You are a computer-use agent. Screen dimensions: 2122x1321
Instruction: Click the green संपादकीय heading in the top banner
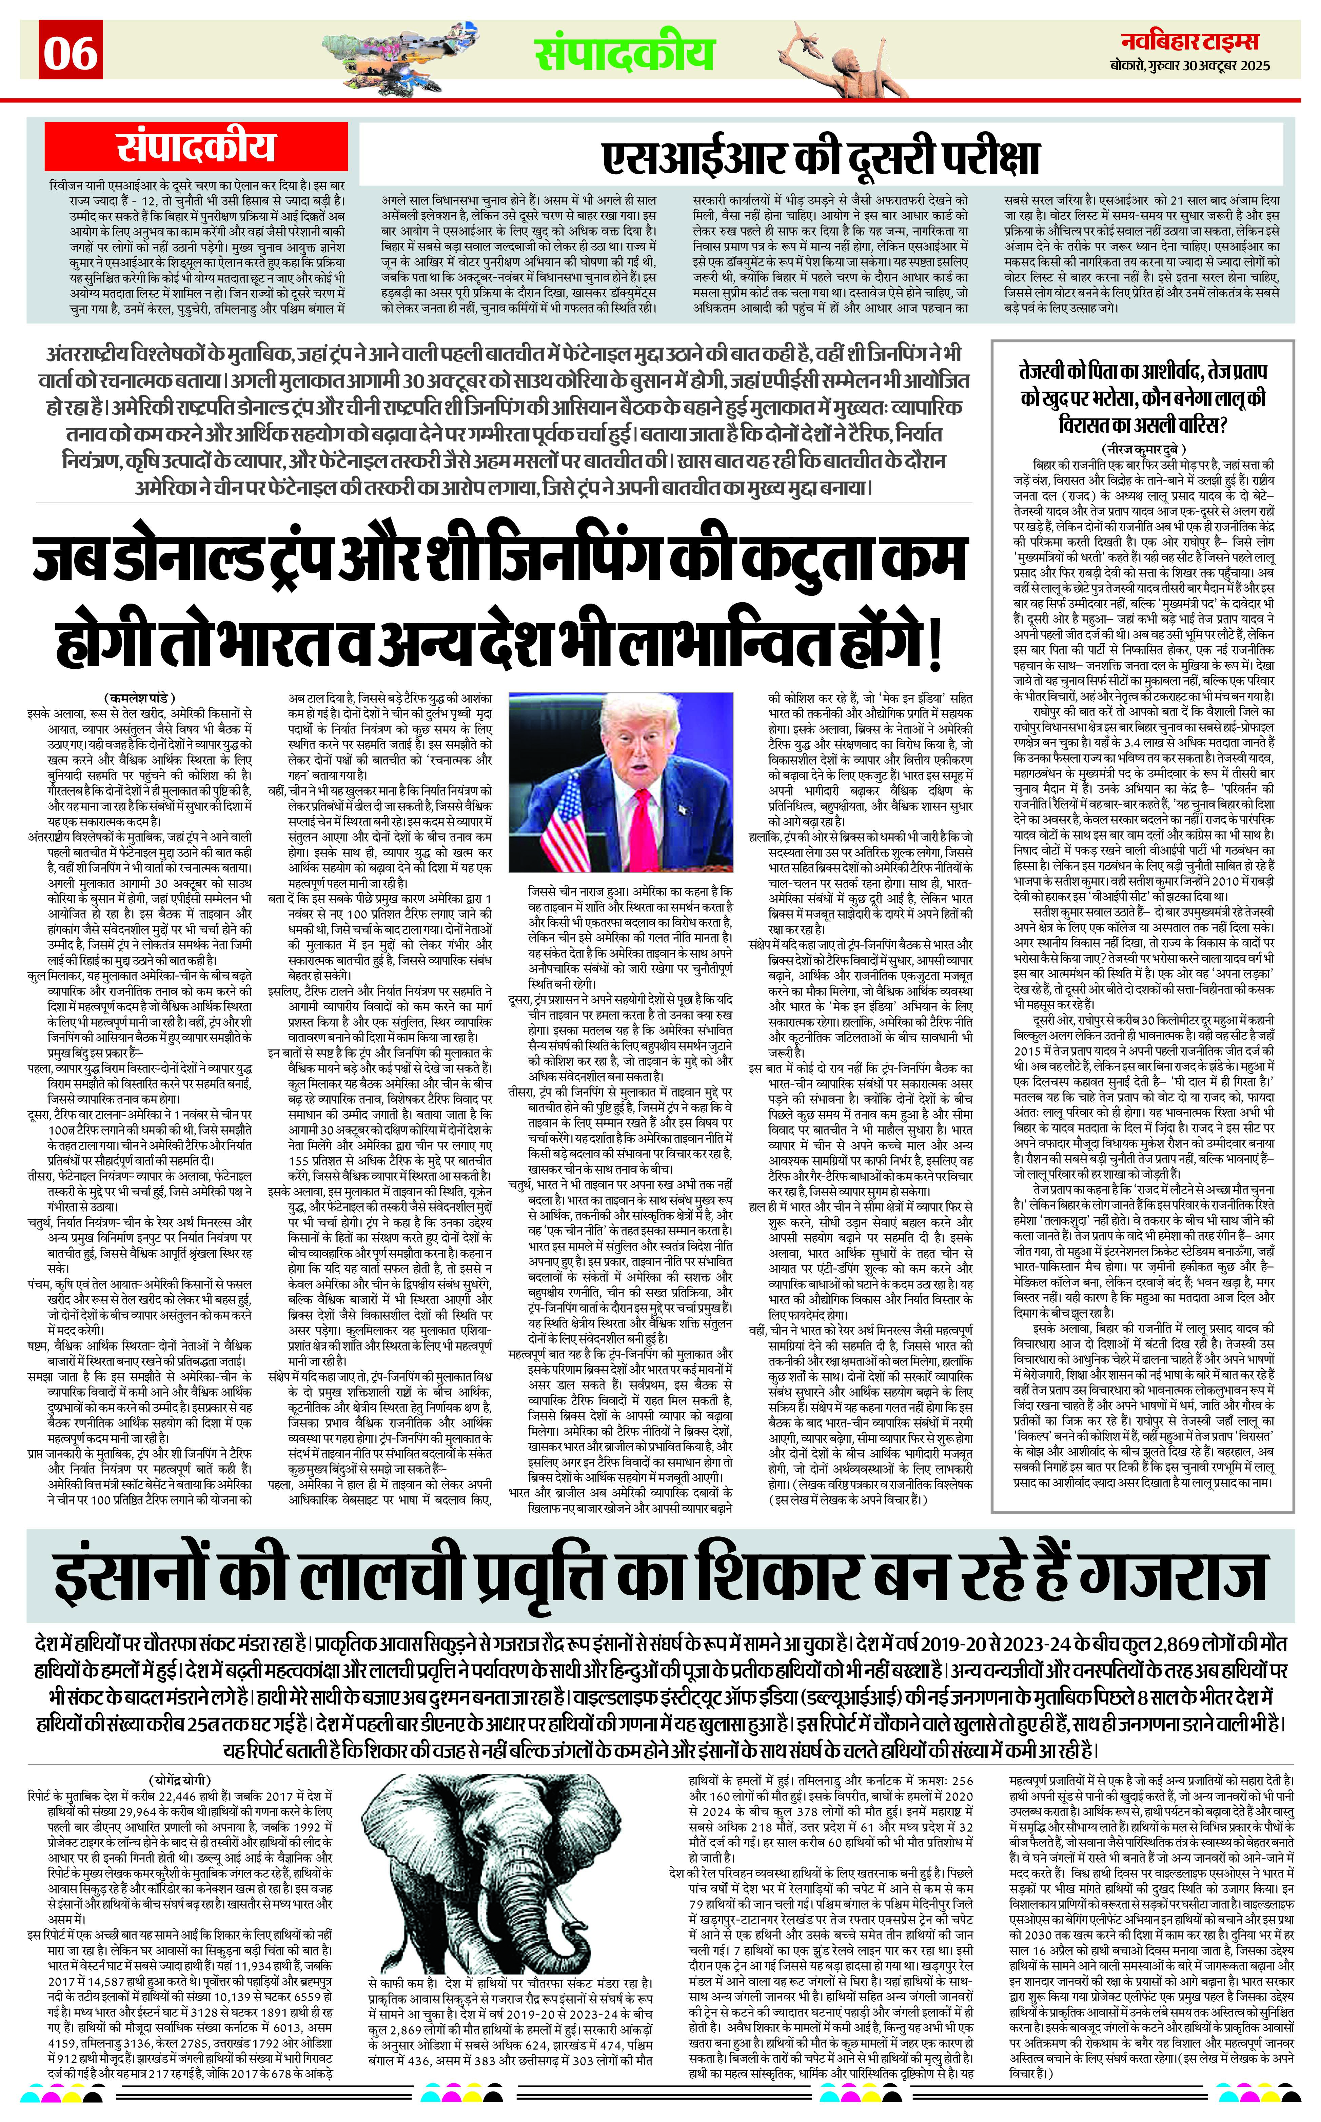point(625,54)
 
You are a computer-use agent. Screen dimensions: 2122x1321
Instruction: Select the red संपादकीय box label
point(196,147)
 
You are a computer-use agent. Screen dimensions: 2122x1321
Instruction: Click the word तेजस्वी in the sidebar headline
point(1054,370)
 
